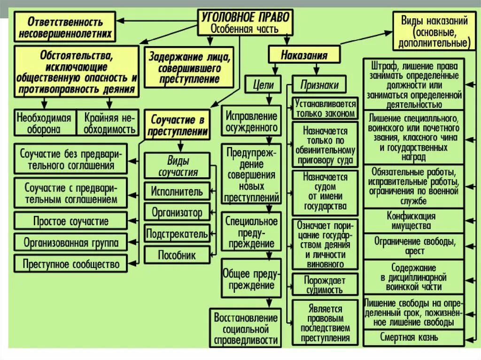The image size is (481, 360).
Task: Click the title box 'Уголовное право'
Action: (246, 22)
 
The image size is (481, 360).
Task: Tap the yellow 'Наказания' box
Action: (304, 55)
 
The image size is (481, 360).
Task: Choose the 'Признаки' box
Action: (319, 85)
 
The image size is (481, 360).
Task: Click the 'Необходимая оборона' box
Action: (45, 123)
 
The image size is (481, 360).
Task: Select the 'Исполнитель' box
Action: (177, 191)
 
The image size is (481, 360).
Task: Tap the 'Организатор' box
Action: (177, 213)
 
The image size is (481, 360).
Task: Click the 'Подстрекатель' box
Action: (177, 233)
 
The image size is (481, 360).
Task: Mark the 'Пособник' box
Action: (177, 255)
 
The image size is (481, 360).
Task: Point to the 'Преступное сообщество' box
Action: (71, 264)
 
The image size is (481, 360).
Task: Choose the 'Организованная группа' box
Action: (71, 243)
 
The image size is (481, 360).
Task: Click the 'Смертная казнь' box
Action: (413, 337)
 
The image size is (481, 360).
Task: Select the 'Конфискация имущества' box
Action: (413, 221)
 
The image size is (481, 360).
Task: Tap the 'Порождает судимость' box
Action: (325, 284)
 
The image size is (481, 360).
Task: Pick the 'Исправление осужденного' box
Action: (252, 121)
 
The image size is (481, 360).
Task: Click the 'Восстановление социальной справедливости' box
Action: (246, 329)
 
